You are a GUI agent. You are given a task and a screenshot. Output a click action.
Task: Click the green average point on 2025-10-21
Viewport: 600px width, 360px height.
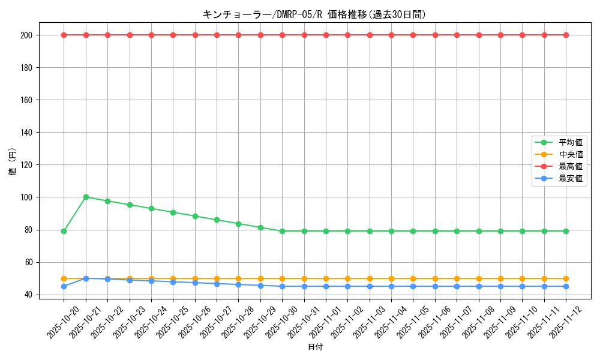[x=86, y=197]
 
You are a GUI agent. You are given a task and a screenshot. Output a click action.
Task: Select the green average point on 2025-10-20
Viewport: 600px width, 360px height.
[x=64, y=231]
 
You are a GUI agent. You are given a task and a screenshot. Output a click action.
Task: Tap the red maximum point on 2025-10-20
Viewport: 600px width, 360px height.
[x=64, y=35]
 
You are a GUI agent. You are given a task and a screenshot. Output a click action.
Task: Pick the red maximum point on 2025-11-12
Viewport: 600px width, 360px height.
[x=566, y=35]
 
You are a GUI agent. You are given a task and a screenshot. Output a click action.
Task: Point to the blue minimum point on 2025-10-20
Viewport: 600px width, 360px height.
[x=64, y=286]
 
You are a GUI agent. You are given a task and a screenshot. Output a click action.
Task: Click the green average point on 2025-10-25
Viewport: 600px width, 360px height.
[x=173, y=212]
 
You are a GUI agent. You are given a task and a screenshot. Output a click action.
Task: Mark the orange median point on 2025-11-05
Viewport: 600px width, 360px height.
[x=413, y=278]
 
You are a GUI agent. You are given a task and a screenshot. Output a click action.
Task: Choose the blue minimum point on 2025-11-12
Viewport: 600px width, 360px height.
[x=566, y=286]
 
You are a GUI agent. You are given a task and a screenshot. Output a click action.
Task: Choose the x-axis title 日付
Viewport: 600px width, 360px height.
[x=314, y=347]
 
